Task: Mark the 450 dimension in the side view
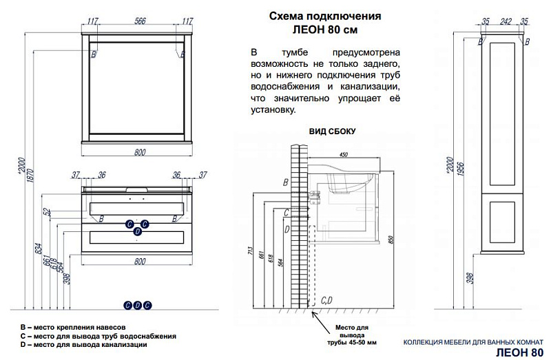click(x=343, y=155)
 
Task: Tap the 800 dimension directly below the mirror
click(x=141, y=153)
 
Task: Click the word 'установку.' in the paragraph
click(x=273, y=109)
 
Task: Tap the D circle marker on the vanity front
click(x=138, y=232)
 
